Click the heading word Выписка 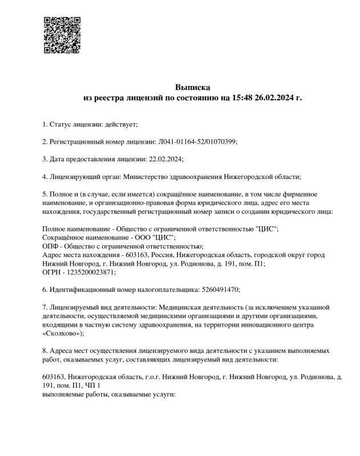point(192,88)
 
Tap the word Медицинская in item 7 point(179,308)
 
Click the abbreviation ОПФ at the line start point(51,246)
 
